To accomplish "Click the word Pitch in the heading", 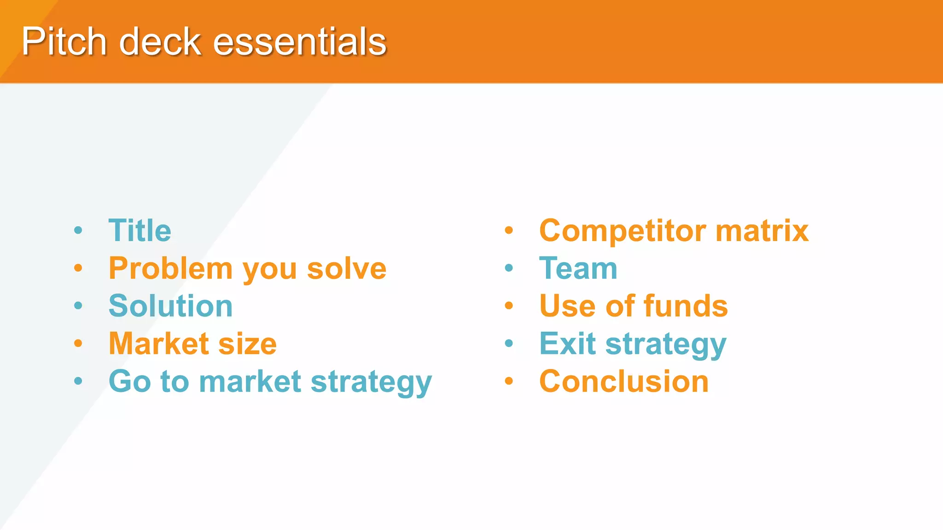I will pos(64,41).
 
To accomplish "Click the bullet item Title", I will pos(140,230).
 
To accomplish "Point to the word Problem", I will pos(170,269).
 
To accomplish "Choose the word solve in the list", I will pos(346,269).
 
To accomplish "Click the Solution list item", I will pos(170,306).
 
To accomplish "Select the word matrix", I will pos(762,230).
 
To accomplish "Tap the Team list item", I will pos(578,269).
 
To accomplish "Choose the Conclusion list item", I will pos(623,381).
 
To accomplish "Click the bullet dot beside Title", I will pos(78,230).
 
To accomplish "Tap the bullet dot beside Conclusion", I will pos(509,381).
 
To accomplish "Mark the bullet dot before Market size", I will pos(78,343).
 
